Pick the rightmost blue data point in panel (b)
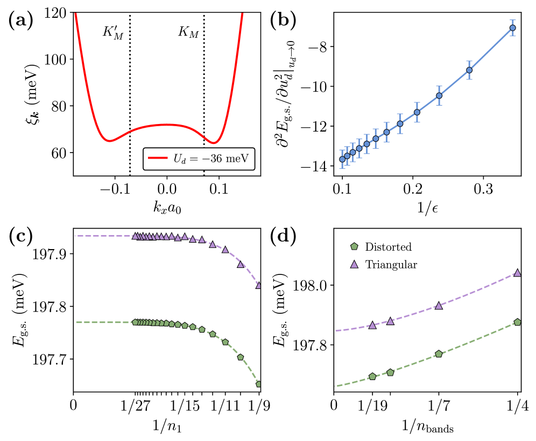pyautogui.click(x=512, y=27)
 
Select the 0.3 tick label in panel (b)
pyautogui.click(x=483, y=189)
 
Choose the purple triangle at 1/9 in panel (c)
pyautogui.click(x=259, y=285)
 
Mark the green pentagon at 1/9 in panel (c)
pyautogui.click(x=259, y=384)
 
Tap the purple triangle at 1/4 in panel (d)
pyautogui.click(x=518, y=273)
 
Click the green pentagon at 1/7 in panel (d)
pyautogui.click(x=439, y=354)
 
